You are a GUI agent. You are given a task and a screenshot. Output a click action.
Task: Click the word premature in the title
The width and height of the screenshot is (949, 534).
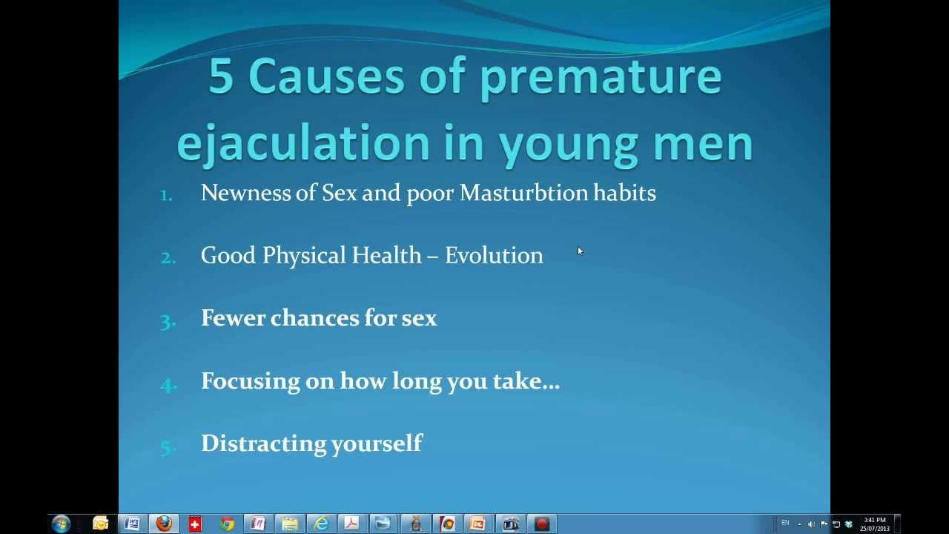pos(601,79)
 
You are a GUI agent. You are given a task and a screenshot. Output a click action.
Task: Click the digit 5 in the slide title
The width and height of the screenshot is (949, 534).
pos(221,76)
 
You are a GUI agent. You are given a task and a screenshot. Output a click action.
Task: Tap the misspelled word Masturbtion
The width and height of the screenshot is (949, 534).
pos(523,194)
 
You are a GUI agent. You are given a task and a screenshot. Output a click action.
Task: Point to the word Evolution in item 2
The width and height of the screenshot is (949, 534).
pos(494,256)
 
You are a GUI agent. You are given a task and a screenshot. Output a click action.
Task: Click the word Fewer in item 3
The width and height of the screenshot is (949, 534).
pos(233,318)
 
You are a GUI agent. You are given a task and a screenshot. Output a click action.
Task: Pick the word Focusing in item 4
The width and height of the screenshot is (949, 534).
pos(251,381)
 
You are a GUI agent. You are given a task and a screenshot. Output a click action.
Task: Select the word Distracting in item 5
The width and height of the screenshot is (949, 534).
pos(263,444)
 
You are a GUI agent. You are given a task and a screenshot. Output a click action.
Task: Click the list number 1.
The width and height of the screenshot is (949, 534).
pos(166,195)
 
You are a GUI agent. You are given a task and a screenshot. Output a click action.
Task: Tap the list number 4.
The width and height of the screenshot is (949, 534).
pos(168,385)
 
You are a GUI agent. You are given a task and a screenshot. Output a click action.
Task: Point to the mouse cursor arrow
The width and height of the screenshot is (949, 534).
pos(580,251)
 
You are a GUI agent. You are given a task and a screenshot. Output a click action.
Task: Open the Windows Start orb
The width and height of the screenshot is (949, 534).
pos(62,524)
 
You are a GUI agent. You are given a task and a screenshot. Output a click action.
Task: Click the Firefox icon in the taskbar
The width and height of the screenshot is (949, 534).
pos(164,524)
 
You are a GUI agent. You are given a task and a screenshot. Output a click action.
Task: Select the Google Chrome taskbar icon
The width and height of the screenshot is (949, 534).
pos(227,524)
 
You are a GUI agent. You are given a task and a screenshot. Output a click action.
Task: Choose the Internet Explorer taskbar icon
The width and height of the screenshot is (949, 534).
pos(321,524)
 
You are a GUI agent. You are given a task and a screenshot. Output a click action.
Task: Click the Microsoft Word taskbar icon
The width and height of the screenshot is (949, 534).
pos(133,524)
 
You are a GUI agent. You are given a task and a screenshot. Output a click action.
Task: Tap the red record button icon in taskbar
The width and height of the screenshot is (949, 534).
pos(541,524)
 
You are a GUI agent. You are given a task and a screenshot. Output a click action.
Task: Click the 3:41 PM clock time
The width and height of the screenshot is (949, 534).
pos(874,520)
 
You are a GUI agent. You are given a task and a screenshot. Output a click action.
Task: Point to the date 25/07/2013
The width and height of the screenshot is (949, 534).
pos(874,529)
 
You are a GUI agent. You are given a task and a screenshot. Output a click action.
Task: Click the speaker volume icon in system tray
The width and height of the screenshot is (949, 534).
pos(811,524)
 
